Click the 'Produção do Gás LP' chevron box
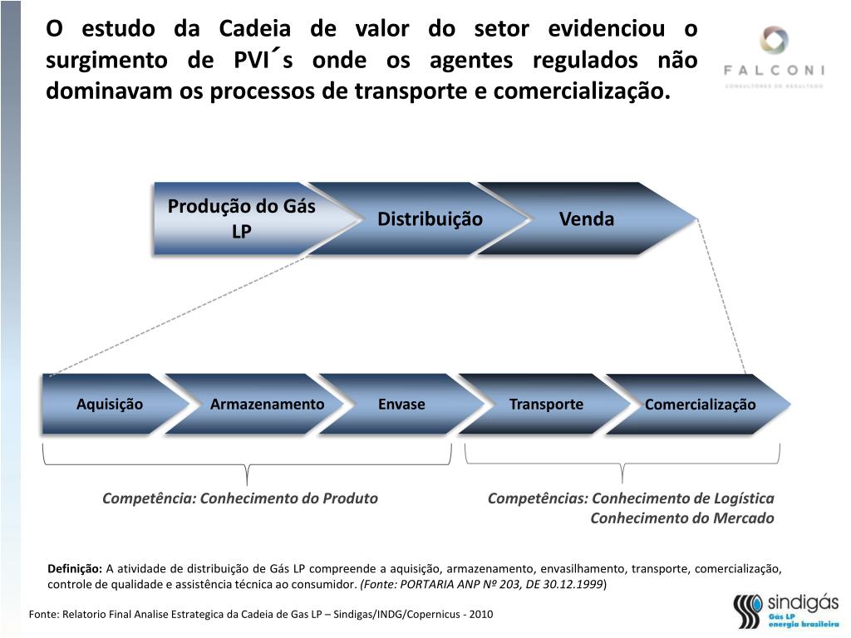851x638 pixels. coord(241,218)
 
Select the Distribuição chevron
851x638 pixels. coord(430,219)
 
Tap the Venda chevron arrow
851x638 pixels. coord(587,219)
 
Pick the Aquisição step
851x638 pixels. coord(110,405)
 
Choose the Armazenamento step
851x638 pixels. coord(267,405)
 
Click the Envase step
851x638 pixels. coord(401,405)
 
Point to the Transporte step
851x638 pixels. coord(546,405)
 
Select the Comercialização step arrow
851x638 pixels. coord(701,405)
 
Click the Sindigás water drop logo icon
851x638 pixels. coord(747,611)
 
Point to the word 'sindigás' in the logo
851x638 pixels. coord(802,602)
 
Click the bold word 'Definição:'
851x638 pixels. coord(75,569)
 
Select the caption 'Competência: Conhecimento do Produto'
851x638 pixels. coord(240,498)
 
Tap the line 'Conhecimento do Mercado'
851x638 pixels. coord(682,518)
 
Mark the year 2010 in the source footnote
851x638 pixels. coord(481,615)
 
